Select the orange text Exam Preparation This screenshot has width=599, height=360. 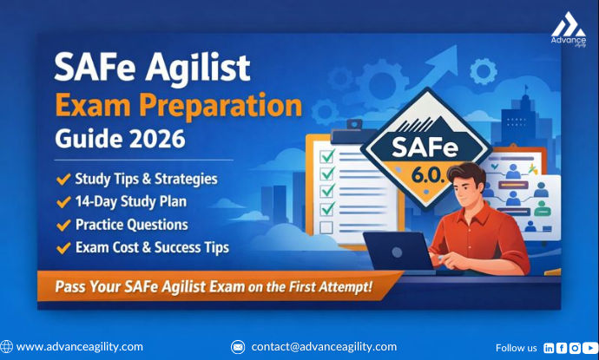point(178,106)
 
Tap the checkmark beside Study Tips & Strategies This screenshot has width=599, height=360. point(63,180)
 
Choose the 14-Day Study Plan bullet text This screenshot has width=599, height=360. point(131,202)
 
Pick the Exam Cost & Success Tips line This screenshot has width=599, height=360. point(152,247)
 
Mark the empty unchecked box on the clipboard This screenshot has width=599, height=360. point(326,227)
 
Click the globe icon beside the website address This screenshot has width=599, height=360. point(7,347)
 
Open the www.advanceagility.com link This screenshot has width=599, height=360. point(80,347)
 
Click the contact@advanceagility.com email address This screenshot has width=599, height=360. point(324,347)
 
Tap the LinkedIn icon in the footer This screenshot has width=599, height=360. point(549,347)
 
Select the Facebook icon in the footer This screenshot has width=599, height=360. point(562,347)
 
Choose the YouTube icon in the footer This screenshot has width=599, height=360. point(589,347)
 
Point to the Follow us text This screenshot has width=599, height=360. point(516,348)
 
